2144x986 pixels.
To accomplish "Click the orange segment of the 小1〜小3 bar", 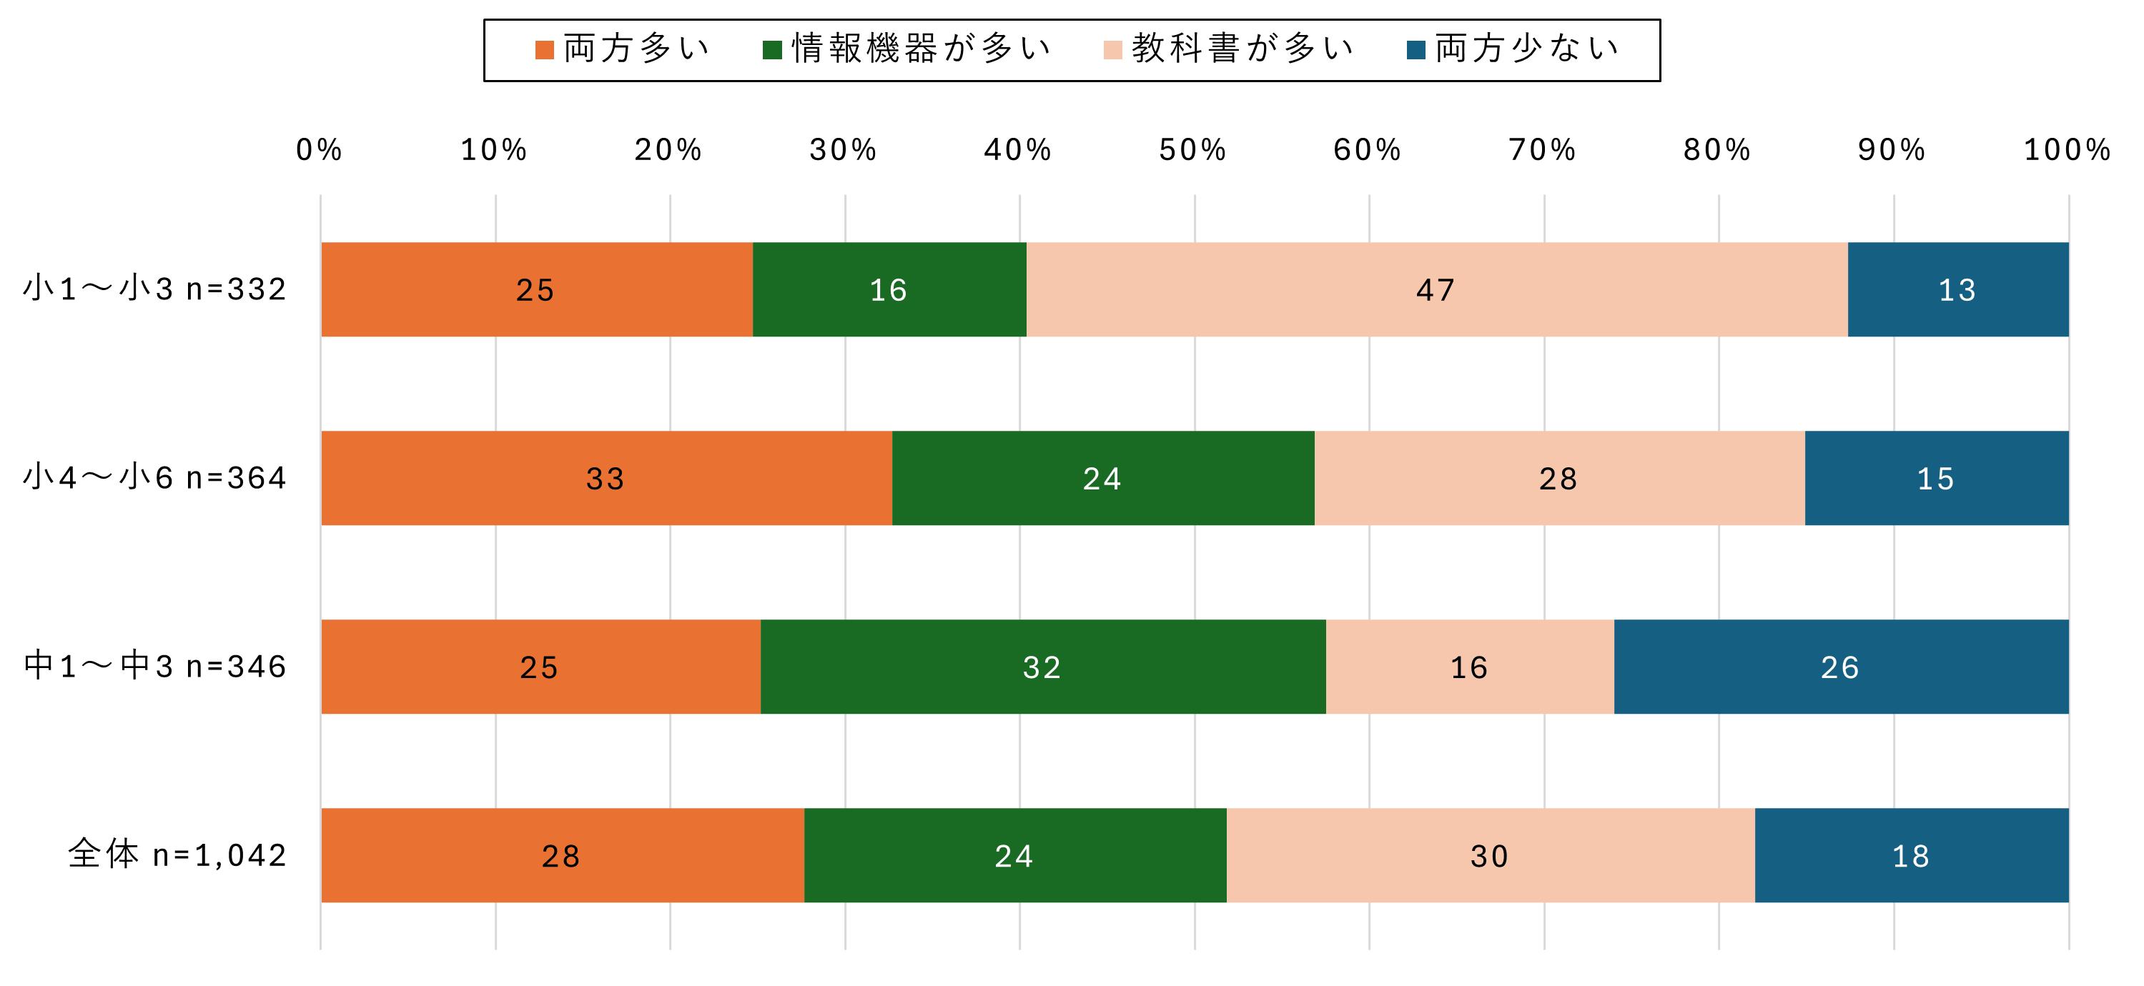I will (x=537, y=289).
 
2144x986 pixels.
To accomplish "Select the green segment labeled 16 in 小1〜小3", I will (x=889, y=289).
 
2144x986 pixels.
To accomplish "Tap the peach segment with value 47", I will (x=1436, y=289).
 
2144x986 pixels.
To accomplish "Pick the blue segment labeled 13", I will (x=1957, y=289).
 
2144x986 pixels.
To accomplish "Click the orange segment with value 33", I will (x=606, y=479).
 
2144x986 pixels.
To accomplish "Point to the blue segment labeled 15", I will (x=1936, y=479).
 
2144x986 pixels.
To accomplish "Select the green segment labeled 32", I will (x=1042, y=667).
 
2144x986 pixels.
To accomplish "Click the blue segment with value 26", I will (x=1840, y=667).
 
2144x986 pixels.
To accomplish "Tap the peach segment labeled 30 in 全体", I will (x=1490, y=855).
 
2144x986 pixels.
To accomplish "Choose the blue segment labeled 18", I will (x=1911, y=855).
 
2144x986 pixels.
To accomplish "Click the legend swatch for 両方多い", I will (x=544, y=50).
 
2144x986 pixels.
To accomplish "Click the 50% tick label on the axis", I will (x=1193, y=151).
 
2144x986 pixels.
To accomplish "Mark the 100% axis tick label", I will (x=2068, y=151).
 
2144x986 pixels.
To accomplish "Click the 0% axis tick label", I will (x=320, y=151).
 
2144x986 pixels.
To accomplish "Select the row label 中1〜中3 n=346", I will (x=156, y=667).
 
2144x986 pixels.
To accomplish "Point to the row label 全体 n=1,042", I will (x=177, y=855).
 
